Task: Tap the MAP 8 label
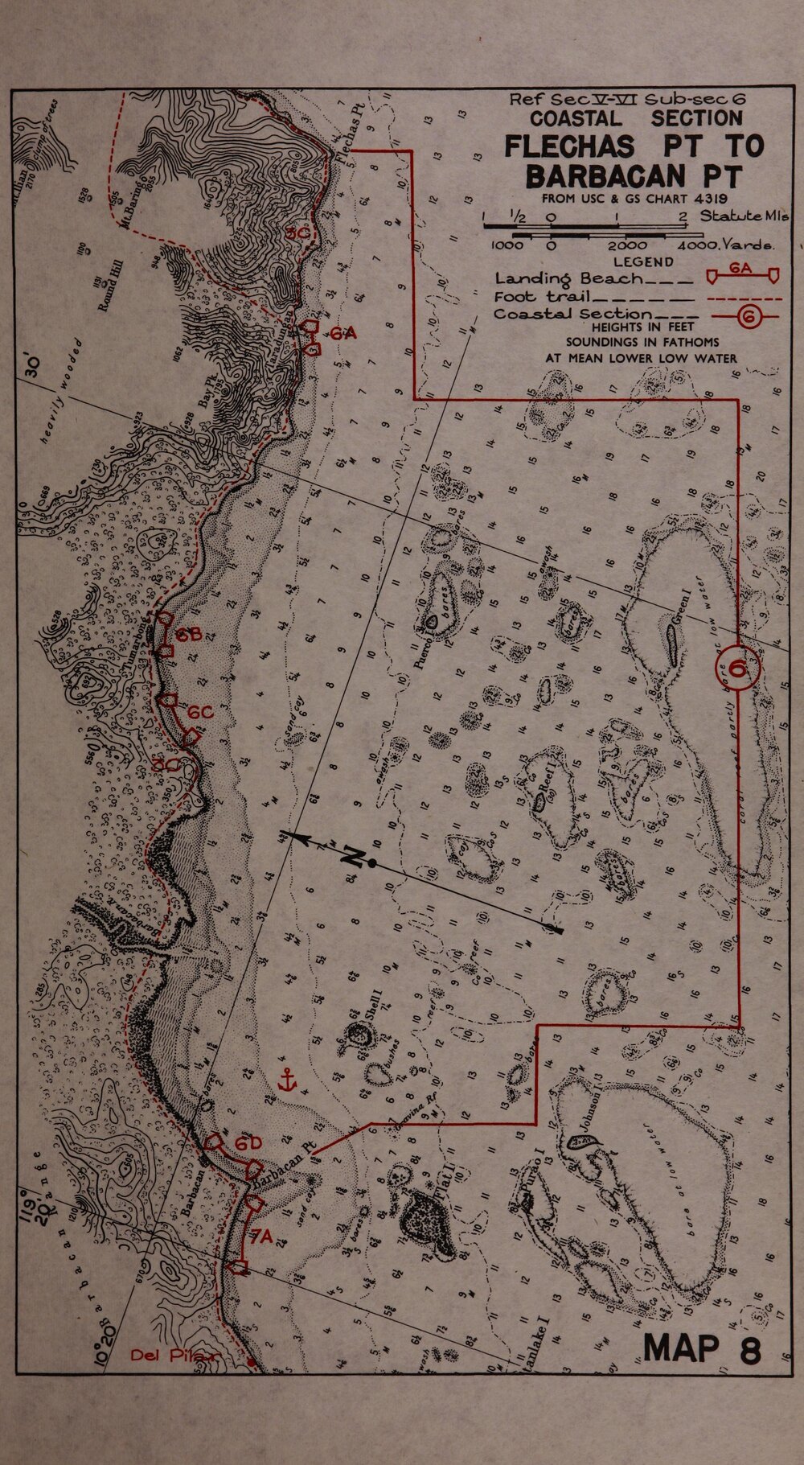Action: [701, 1347]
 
